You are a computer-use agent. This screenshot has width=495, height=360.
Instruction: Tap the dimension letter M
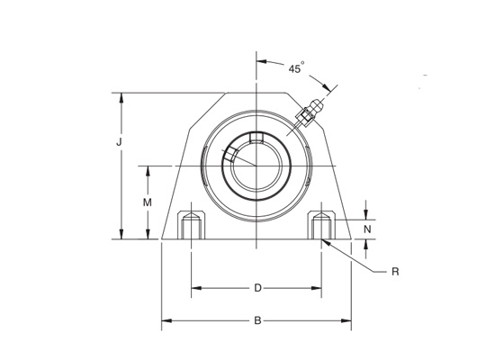[148, 203]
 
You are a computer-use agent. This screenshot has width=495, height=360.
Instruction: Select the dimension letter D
[256, 288]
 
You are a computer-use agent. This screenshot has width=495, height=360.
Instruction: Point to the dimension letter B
[257, 319]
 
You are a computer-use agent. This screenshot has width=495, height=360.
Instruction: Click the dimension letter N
[366, 229]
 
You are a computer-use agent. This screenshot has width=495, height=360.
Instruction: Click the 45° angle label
[296, 67]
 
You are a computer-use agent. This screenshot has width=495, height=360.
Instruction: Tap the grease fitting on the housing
[310, 112]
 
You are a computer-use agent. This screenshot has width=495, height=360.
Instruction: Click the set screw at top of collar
[256, 138]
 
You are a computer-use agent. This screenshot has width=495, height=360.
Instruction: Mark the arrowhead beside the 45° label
[262, 62]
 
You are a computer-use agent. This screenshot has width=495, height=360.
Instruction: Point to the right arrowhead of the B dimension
[348, 319]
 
